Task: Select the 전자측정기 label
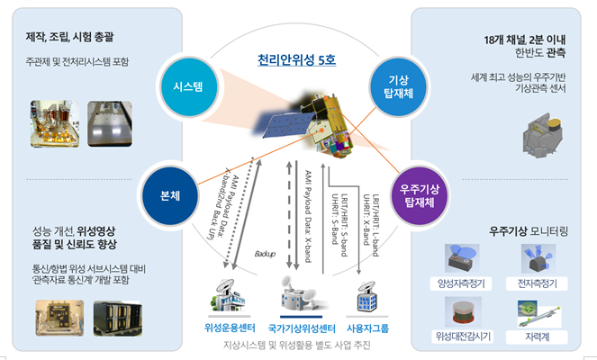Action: (538, 283)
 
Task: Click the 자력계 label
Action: (538, 337)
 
